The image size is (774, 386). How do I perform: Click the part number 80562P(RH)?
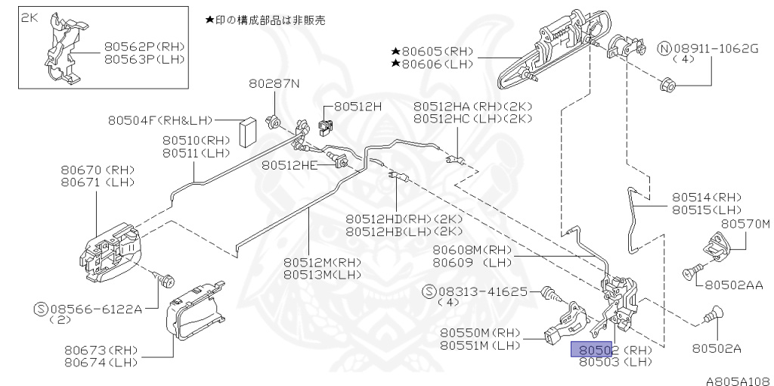[144, 45]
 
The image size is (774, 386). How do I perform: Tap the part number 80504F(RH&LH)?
[160, 120]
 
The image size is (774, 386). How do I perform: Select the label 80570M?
[745, 223]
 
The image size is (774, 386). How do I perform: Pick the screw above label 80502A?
[714, 311]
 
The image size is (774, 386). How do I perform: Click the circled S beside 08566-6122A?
[42, 309]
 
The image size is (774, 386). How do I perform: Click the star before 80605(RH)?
[395, 51]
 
